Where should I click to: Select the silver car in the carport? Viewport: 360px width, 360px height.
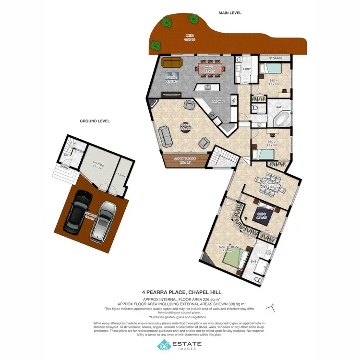tap(104, 220)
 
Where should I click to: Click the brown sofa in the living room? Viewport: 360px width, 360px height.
tap(172, 63)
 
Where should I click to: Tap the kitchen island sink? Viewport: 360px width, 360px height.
tap(208, 88)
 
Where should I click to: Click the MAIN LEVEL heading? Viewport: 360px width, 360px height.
tap(231, 13)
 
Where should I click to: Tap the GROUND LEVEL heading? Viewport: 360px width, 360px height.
tap(95, 121)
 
